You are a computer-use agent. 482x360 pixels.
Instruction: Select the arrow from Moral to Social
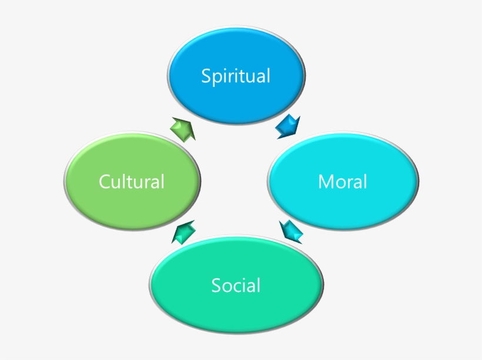point(292,231)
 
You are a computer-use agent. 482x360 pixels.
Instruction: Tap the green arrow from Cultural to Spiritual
point(183,127)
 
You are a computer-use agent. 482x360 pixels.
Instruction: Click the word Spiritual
point(236,76)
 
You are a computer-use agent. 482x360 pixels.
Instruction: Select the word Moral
point(343,181)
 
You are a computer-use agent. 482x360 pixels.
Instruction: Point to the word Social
point(236,286)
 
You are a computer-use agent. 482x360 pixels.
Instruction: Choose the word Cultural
point(132,181)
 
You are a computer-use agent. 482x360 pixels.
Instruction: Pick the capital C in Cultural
point(105,181)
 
